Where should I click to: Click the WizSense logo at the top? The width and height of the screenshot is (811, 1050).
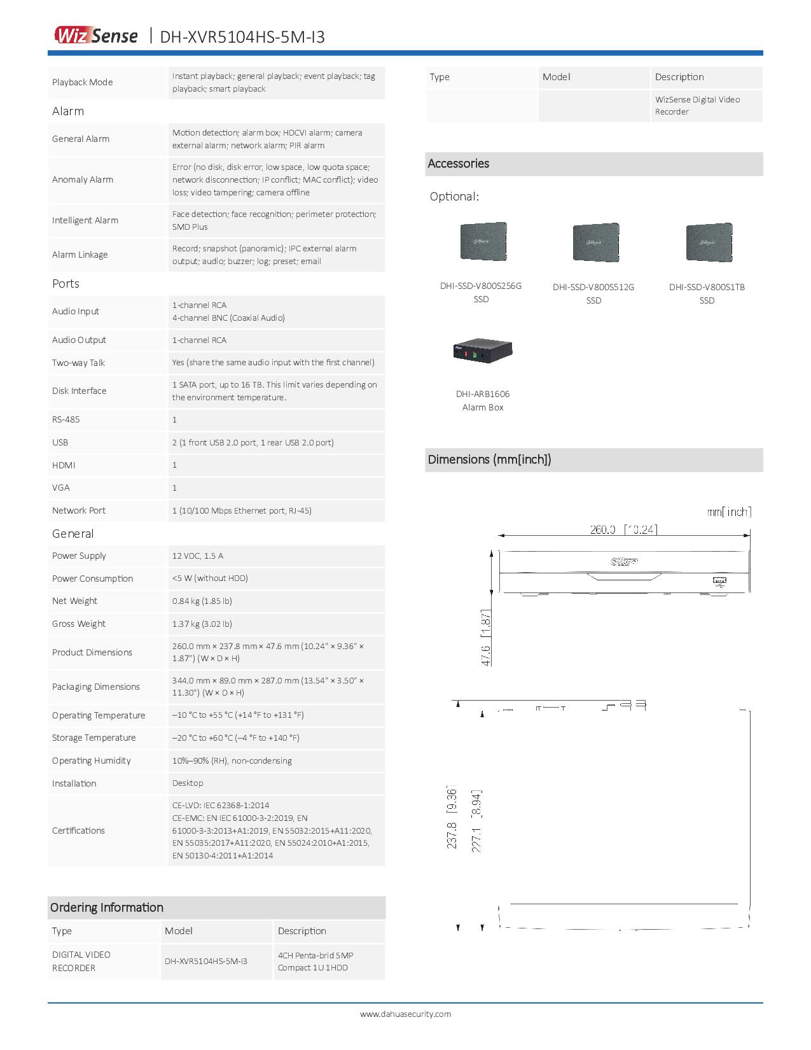pyautogui.click(x=95, y=36)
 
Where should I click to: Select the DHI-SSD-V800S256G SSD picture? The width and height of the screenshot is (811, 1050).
pyautogui.click(x=483, y=241)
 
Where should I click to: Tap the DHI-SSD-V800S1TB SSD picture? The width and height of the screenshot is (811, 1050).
pyautogui.click(x=709, y=242)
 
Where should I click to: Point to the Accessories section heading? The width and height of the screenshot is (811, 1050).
pyautogui.click(x=459, y=164)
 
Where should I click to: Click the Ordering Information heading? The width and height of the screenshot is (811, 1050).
pyautogui.click(x=107, y=907)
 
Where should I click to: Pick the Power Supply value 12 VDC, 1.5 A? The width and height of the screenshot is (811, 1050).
pyautogui.click(x=198, y=556)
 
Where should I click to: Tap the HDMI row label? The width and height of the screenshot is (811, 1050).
pyautogui.click(x=64, y=465)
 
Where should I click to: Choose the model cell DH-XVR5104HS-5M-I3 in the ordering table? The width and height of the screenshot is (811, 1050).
pyautogui.click(x=206, y=961)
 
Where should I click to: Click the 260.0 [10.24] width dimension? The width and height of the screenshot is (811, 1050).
pyautogui.click(x=623, y=529)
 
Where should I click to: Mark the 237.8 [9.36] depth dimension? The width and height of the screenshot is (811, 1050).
pyautogui.click(x=452, y=818)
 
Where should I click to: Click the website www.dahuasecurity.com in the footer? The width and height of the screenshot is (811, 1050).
pyautogui.click(x=405, y=1014)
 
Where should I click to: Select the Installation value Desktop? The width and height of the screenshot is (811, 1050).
pyautogui.click(x=188, y=783)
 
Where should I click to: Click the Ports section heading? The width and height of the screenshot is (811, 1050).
pyautogui.click(x=66, y=284)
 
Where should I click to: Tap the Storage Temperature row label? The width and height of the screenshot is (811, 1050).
pyautogui.click(x=94, y=738)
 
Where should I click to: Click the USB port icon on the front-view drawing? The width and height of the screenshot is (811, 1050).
pyautogui.click(x=720, y=580)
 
